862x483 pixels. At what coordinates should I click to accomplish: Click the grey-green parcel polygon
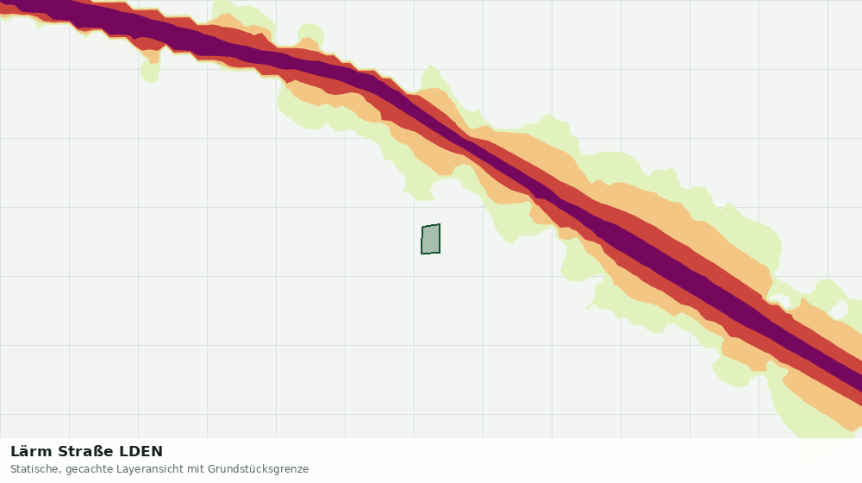point(430,239)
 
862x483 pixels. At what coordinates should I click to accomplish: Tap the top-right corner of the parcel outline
point(440,224)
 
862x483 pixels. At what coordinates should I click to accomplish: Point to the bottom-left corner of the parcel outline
point(422,254)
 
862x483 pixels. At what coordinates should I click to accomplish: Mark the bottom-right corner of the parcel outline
point(440,253)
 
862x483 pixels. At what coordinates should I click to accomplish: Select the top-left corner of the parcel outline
point(422,227)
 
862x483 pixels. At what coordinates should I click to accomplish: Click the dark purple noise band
point(467,144)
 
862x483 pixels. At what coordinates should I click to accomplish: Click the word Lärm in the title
point(32,452)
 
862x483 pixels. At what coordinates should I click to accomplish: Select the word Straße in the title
point(85,452)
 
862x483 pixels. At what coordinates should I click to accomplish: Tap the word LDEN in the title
point(141,452)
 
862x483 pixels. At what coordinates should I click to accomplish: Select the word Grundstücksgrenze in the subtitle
point(258,470)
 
